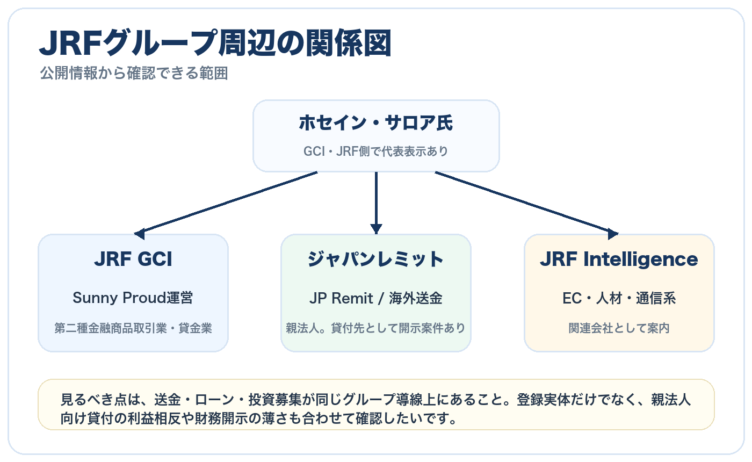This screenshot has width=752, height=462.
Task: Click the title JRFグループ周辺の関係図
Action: pos(215,44)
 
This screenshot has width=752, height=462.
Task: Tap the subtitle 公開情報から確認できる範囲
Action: pos(134,74)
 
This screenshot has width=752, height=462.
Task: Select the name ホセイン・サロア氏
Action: pos(376,124)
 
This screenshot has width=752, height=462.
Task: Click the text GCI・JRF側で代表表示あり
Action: pos(376,151)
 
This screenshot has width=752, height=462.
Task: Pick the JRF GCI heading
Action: pos(133,259)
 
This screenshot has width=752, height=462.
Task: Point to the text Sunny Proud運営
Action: pos(133,298)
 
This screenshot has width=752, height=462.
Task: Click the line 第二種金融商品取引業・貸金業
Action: pos(133,328)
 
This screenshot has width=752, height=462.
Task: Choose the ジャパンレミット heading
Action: pos(376,259)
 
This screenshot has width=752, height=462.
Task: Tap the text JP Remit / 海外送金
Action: pos(376,298)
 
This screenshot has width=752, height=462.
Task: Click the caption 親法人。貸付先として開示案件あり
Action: pos(376,328)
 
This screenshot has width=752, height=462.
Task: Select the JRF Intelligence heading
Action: pos(619,259)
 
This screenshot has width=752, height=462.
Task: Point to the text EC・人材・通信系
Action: pos(619,298)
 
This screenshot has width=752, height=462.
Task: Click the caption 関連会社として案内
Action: pos(619,328)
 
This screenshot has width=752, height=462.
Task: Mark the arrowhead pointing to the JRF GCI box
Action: pos(140,234)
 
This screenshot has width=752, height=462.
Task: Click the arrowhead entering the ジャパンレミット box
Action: pos(376,228)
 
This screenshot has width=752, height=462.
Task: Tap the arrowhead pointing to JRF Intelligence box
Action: pos(612,234)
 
